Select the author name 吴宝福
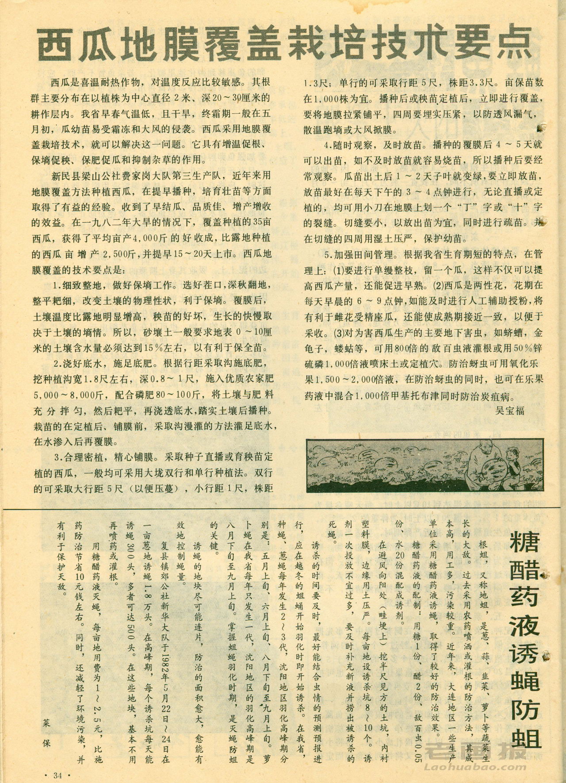510,410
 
